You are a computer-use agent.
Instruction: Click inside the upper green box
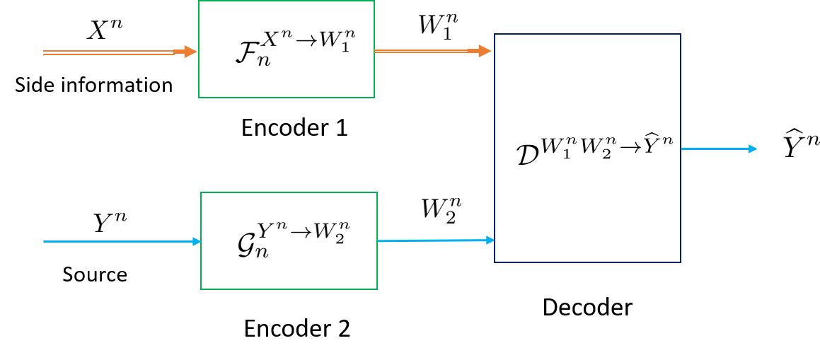click(x=287, y=50)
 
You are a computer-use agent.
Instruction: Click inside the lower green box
click(x=289, y=240)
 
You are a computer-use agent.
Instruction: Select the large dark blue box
click(x=587, y=148)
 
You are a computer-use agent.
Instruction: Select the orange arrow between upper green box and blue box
click(x=425, y=51)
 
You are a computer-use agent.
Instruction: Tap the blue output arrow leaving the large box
click(x=715, y=149)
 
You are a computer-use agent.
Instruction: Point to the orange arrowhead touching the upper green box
click(x=190, y=52)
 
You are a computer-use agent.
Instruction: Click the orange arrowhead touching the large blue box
click(x=485, y=51)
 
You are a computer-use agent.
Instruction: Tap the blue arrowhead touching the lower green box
click(x=197, y=241)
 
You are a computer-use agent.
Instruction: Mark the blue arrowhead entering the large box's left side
click(x=490, y=240)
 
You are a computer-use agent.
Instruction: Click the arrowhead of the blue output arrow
click(x=753, y=149)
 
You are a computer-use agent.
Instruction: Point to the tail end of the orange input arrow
click(x=45, y=52)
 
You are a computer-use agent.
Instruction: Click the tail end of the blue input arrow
click(x=45, y=241)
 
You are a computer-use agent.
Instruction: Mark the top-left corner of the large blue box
click(x=495, y=34)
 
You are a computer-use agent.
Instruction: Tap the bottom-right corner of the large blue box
click(x=681, y=262)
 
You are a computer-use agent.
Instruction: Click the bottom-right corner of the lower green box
click(x=377, y=289)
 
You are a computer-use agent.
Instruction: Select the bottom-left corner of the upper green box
click(x=199, y=98)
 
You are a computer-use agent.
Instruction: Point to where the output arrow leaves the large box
click(x=681, y=149)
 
